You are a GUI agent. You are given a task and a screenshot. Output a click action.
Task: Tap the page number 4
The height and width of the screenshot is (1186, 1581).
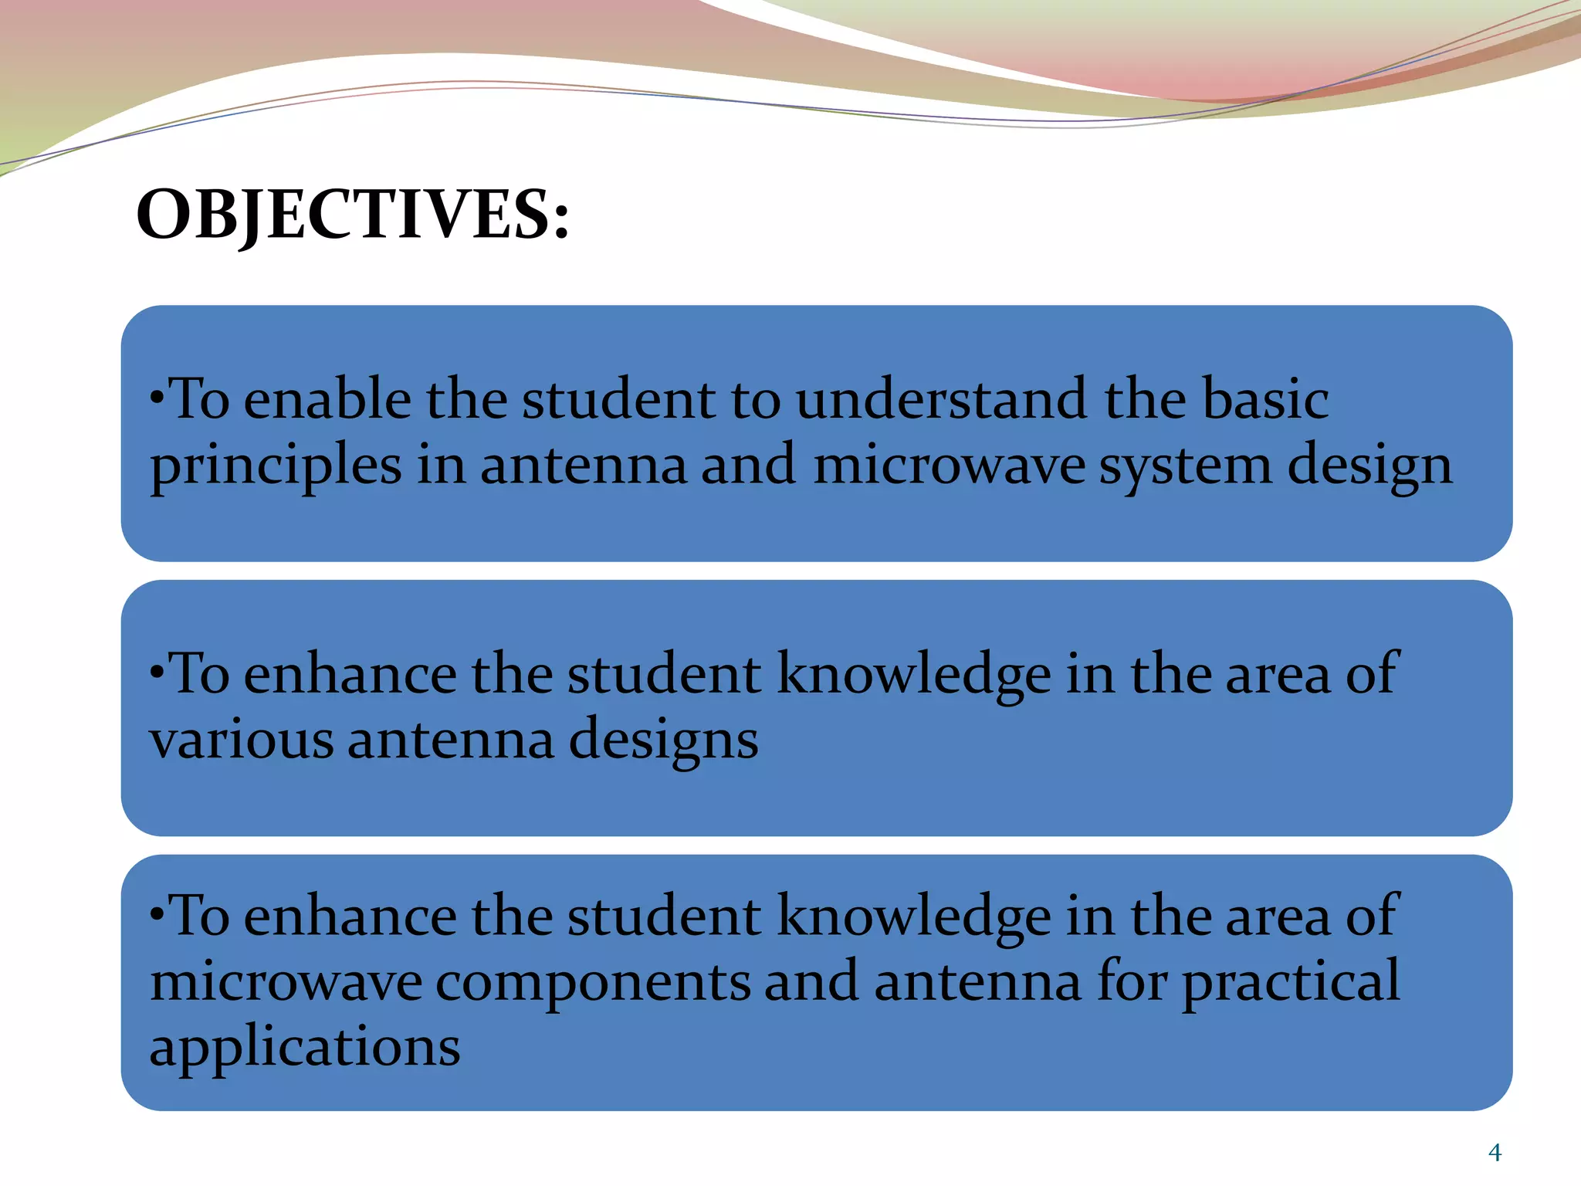tap(1495, 1153)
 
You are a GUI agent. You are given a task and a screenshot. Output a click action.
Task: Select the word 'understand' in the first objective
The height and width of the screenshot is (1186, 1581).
tap(942, 400)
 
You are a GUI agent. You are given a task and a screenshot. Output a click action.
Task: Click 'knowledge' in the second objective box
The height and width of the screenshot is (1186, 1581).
tap(913, 675)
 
